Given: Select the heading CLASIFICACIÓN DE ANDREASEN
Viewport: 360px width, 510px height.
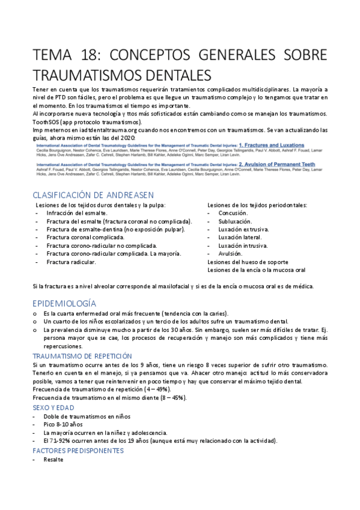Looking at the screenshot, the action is (x=93, y=195).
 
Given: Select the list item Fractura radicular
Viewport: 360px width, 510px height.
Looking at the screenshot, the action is (x=71, y=262).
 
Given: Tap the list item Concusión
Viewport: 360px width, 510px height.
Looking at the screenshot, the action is (x=233, y=213).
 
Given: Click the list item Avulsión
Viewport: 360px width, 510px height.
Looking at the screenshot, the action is (x=231, y=254).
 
